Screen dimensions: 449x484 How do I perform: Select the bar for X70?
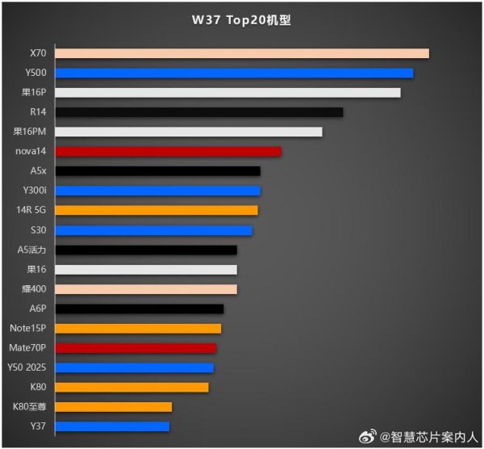pos(242,53)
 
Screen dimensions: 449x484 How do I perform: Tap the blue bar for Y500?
pos(234,73)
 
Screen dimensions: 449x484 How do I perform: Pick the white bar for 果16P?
pos(227,93)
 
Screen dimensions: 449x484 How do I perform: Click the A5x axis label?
pos(38,171)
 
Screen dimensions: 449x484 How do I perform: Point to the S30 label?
pos(38,230)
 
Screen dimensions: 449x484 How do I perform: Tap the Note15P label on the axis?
pos(28,328)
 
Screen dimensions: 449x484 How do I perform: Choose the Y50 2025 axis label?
pos(27,367)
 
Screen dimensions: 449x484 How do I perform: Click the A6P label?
pos(38,308)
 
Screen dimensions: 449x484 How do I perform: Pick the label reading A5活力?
pos(32,250)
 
